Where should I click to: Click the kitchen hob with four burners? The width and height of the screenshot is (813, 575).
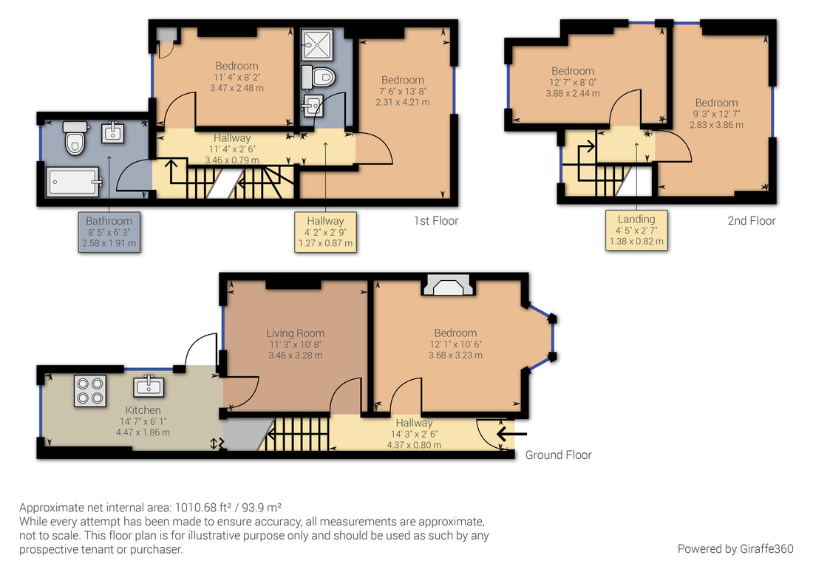(90, 390)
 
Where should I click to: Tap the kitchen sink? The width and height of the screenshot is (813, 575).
(149, 386)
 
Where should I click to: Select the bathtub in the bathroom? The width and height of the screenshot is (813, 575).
(72, 182)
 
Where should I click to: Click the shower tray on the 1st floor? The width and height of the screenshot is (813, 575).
(317, 45)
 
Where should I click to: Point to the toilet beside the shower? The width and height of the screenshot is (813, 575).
(319, 78)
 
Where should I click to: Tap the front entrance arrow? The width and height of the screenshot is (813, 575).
(511, 433)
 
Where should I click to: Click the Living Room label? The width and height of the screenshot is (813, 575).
(296, 333)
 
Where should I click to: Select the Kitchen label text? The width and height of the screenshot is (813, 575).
(143, 410)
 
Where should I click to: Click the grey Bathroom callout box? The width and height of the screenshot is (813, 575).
(109, 232)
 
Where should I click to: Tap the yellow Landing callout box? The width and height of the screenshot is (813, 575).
(636, 230)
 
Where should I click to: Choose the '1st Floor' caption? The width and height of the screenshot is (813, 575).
(436, 221)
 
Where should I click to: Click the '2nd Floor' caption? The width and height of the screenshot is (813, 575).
(752, 221)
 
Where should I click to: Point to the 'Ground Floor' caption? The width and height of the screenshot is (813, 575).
(559, 455)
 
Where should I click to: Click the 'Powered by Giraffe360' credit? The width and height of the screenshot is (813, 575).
(735, 548)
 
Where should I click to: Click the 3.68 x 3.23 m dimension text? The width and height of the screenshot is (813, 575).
(455, 355)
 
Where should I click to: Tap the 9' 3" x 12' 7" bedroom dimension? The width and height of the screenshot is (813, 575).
(717, 114)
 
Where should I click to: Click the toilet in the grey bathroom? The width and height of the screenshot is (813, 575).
(75, 138)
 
